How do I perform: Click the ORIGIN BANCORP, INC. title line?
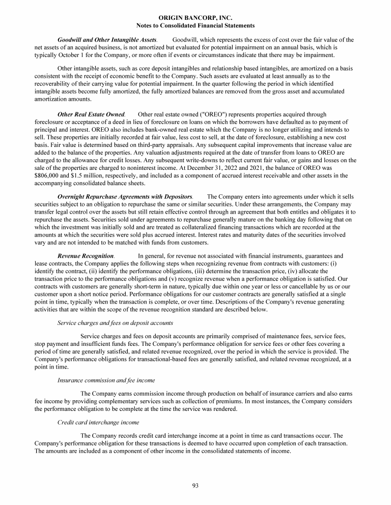coord(195,17)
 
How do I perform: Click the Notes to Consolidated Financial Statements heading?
coord(195,25)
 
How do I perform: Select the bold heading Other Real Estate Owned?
coord(91,115)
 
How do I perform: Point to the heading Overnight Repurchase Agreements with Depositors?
coord(125,196)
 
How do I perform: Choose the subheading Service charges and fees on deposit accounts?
coord(115,322)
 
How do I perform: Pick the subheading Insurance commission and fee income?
coord(106,380)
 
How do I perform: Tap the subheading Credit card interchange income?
coord(98,423)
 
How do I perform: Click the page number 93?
coord(195,485)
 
